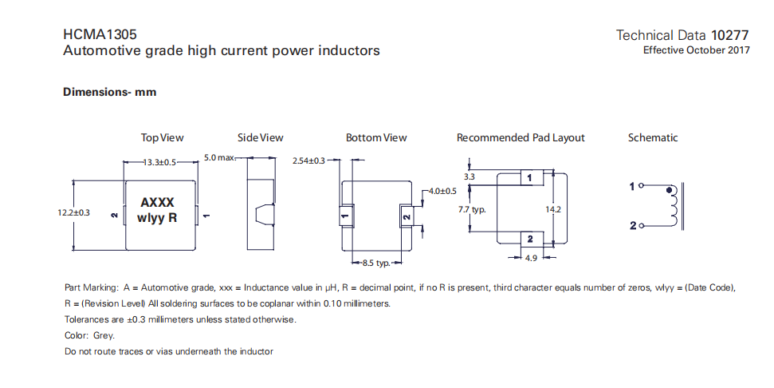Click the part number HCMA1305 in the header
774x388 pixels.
[x=100, y=35]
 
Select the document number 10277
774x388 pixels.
[x=730, y=35]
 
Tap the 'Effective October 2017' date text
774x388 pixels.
[x=697, y=50]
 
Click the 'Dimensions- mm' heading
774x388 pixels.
[x=109, y=92]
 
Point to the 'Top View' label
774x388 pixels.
[x=162, y=137]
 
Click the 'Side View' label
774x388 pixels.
[x=260, y=137]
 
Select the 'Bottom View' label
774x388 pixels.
[x=376, y=137]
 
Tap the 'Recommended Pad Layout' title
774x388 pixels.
[x=521, y=137]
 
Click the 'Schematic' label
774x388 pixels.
[x=653, y=137]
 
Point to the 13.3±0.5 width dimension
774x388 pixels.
[x=159, y=162]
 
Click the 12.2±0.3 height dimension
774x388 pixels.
[x=73, y=213]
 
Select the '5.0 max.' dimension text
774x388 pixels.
[x=220, y=157]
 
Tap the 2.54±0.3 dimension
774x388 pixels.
[x=309, y=161]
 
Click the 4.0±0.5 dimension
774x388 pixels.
[x=442, y=192]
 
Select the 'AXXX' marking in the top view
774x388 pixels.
[x=157, y=203]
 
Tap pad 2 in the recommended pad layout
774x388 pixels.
[x=527, y=239]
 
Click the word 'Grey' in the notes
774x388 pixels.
[x=103, y=335]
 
